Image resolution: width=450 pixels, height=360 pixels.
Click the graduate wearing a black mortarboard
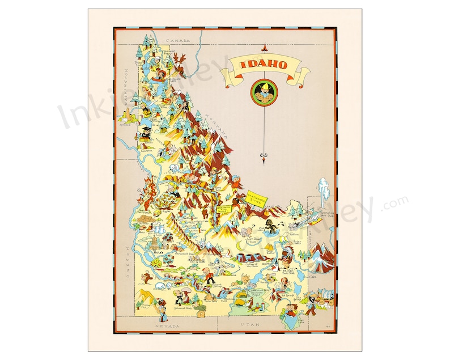(x=146, y=132)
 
